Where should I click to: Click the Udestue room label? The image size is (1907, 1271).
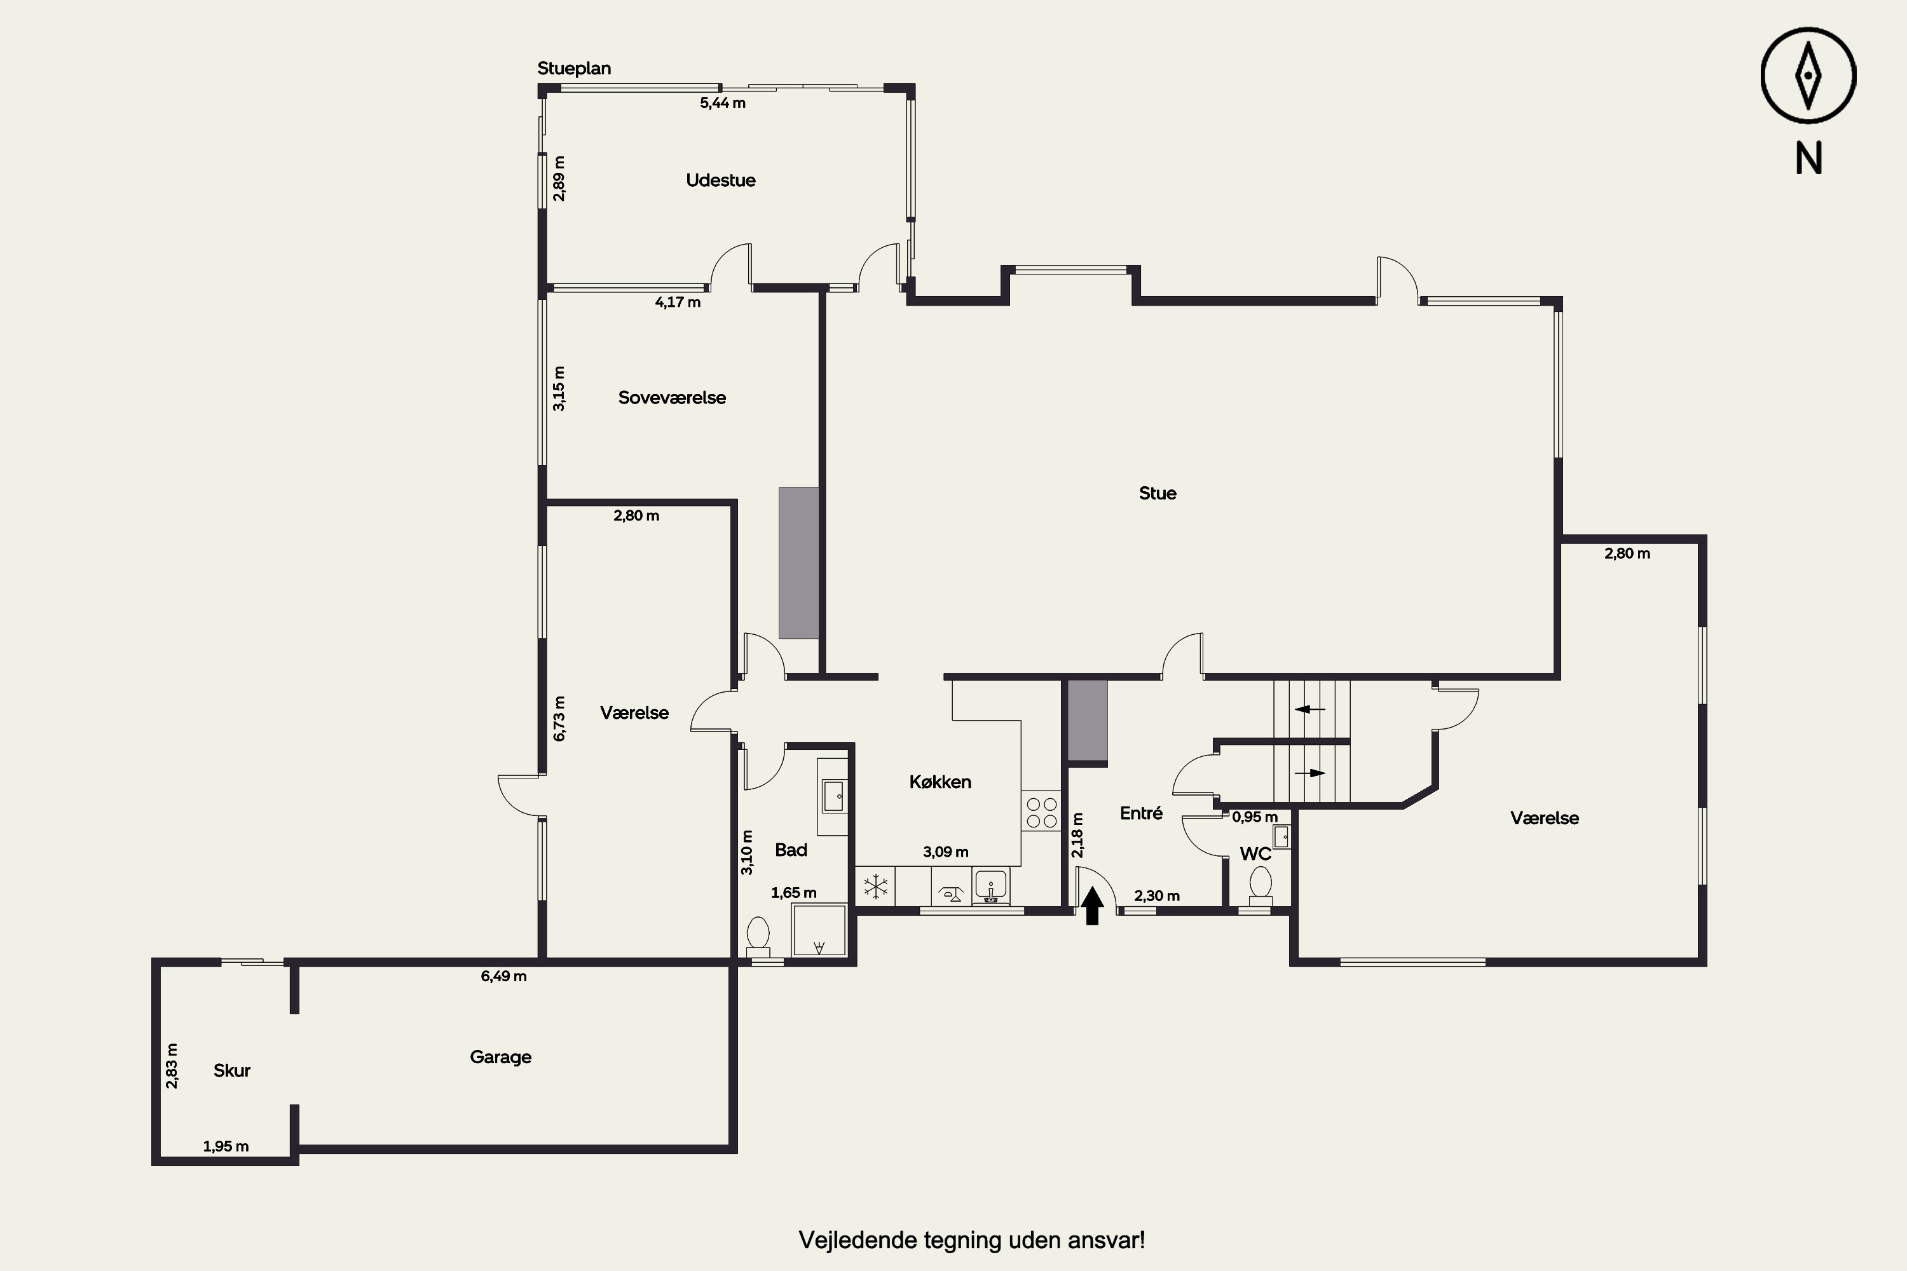pos(720,180)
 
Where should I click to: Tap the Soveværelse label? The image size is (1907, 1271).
pos(671,397)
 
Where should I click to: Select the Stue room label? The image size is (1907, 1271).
pos(1157,493)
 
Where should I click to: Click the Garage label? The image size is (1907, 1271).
pos(500,1057)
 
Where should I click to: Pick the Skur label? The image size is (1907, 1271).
pos(231,1070)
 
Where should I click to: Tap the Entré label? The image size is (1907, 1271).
pos(1141,813)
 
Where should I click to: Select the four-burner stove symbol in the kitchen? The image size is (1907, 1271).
pos(1041,813)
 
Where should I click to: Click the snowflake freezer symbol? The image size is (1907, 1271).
pos(876,887)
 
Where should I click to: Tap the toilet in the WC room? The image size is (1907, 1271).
pos(1260,886)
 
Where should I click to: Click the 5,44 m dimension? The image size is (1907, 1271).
pos(722,103)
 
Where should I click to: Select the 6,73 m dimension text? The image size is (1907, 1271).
pos(559,718)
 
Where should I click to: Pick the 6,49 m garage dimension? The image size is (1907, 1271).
pos(503,976)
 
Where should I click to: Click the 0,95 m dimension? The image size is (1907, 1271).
pos(1254,817)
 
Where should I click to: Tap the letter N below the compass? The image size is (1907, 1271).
pos(1808,159)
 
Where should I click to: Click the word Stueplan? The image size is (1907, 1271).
pos(574,68)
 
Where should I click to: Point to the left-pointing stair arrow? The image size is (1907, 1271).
pos(1309,709)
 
